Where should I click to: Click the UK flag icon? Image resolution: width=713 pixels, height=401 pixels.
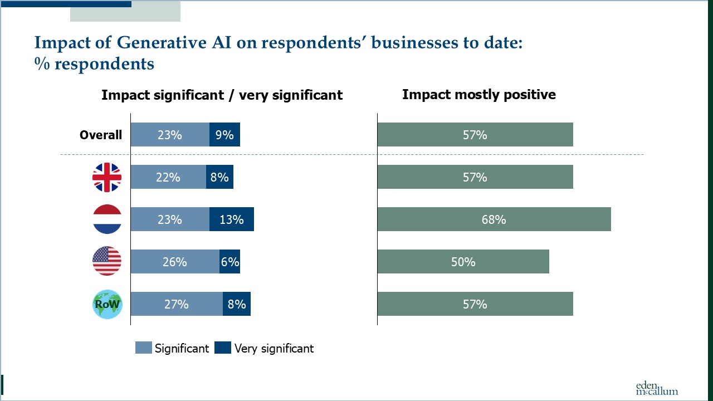(x=106, y=177)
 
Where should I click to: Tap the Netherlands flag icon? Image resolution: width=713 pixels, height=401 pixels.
(x=106, y=219)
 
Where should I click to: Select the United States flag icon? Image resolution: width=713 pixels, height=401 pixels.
(x=106, y=262)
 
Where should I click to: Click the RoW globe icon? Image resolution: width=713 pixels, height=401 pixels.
(x=106, y=304)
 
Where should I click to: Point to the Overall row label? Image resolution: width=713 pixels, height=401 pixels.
(x=101, y=135)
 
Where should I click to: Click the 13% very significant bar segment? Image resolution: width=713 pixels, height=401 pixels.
(x=232, y=219)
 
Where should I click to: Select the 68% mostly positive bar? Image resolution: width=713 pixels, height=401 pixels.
(x=494, y=219)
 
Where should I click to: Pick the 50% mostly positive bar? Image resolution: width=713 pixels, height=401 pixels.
(x=463, y=262)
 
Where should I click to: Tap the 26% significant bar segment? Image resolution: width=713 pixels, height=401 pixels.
(x=175, y=262)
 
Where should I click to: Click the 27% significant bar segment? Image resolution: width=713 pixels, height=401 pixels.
(x=177, y=304)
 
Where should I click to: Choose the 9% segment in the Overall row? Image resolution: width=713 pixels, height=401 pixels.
(x=224, y=135)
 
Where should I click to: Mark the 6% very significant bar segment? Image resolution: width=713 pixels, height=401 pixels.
(x=229, y=262)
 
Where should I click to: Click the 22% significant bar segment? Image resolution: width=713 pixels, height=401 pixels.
(x=168, y=177)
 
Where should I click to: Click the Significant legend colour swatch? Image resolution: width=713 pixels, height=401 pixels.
(x=144, y=348)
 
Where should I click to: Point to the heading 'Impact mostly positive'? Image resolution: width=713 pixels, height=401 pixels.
(x=479, y=95)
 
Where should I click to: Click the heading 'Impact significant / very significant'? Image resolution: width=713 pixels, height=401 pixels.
(x=222, y=95)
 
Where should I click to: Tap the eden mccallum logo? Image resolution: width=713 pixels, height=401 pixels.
(x=657, y=388)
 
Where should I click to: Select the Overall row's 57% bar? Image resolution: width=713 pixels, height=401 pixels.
(x=475, y=135)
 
